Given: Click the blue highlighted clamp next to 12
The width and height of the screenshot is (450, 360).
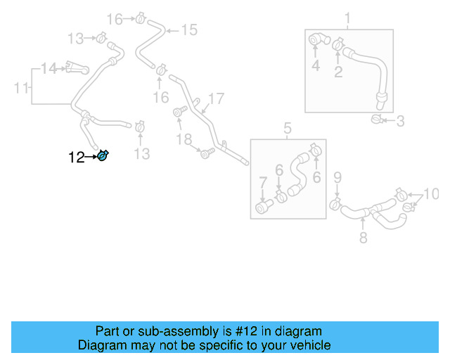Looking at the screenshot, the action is (x=103, y=155).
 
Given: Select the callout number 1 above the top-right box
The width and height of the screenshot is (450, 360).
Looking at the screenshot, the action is (x=347, y=18).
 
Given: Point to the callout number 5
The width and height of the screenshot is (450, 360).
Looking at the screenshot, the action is (x=287, y=129).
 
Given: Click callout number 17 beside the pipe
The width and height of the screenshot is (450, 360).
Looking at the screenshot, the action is (x=215, y=98).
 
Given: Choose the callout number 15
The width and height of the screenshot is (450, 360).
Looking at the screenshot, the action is (x=189, y=30).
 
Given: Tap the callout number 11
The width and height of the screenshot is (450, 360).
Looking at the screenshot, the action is (x=22, y=88).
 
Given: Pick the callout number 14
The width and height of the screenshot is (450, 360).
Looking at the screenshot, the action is (x=48, y=68).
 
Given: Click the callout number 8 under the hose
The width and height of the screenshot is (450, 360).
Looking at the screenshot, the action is (x=363, y=239).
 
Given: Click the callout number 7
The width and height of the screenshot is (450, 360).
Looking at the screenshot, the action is (x=263, y=183).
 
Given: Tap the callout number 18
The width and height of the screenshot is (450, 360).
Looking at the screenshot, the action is (x=184, y=140).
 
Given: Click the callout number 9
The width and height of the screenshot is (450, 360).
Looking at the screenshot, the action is (x=337, y=176).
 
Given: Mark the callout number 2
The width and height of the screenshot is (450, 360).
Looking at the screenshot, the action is (x=338, y=72).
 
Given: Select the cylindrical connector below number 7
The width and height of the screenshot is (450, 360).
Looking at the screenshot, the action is (x=264, y=207).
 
